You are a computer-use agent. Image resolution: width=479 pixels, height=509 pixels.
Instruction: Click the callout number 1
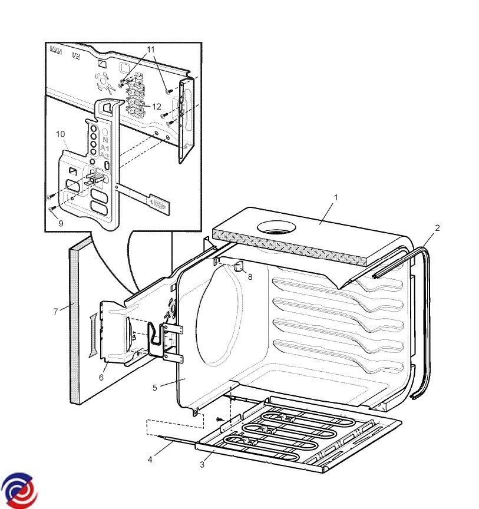(336, 197)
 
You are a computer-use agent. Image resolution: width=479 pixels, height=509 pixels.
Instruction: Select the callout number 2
(437, 228)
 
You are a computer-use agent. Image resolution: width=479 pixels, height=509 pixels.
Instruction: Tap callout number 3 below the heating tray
(202, 465)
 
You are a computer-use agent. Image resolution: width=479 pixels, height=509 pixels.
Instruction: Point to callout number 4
(150, 460)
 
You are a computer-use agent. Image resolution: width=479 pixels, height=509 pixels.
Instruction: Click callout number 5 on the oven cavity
(155, 388)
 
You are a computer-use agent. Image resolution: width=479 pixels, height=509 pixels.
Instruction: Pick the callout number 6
(101, 377)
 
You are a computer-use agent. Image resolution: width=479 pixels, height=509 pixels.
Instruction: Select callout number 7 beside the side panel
(55, 312)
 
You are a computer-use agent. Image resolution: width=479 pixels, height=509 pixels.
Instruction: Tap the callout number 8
(250, 277)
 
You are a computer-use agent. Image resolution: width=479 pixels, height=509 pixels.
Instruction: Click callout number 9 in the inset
(61, 223)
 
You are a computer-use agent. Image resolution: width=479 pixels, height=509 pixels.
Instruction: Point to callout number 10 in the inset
(61, 134)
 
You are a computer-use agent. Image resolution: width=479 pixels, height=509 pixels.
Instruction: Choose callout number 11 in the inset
(151, 49)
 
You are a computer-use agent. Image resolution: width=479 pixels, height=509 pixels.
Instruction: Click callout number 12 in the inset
(157, 107)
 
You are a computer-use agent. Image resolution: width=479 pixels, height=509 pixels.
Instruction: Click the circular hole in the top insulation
(277, 227)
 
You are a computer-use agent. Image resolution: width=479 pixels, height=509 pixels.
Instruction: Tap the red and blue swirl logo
(19, 491)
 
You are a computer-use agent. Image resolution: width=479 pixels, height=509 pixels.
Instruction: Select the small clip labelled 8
(239, 266)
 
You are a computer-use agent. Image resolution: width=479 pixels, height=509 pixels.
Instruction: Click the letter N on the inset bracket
(105, 140)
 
